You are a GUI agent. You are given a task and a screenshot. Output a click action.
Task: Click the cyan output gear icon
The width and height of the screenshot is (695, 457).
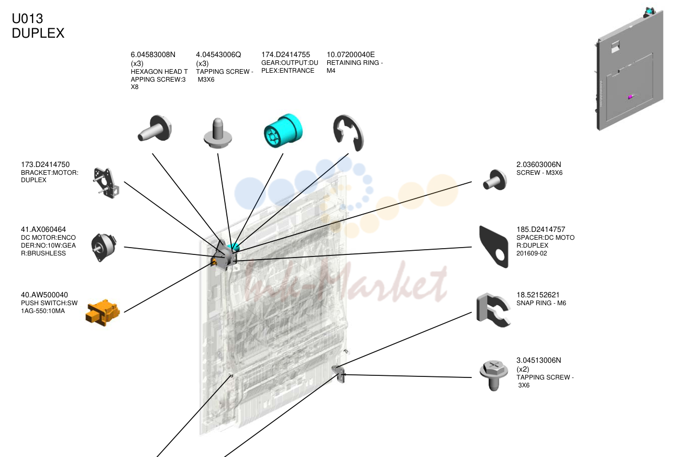click(x=283, y=130)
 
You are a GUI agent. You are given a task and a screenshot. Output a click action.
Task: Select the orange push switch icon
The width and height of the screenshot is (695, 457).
click(x=103, y=313)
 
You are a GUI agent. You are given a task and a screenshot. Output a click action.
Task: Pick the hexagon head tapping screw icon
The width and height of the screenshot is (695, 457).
click(x=155, y=128)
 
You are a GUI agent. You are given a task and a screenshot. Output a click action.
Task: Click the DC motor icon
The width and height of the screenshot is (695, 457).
click(x=104, y=247)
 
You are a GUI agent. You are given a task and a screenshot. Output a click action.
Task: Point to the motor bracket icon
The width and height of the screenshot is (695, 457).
click(x=106, y=183)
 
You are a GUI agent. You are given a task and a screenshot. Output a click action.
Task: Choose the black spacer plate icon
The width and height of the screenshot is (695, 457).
click(x=493, y=247)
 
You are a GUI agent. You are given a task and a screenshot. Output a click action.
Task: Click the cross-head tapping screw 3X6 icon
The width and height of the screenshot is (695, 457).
click(x=494, y=375)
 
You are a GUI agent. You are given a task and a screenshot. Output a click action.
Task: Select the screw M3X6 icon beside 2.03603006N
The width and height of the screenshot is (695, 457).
click(x=495, y=180)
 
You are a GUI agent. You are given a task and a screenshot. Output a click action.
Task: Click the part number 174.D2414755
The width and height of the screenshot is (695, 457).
click(x=285, y=54)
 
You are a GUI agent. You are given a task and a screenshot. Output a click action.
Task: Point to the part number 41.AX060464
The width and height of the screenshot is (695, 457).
click(x=43, y=229)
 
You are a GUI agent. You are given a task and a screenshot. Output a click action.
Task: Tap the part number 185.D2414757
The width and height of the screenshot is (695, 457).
click(x=541, y=229)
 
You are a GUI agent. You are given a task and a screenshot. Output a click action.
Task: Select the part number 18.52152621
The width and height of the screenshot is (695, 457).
click(x=538, y=295)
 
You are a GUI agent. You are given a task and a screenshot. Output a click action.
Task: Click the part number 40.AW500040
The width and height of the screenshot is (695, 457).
click(x=45, y=295)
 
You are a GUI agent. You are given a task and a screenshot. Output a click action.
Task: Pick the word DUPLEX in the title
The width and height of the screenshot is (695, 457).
click(x=38, y=33)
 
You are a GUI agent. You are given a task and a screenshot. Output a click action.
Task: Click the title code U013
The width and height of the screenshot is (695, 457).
click(x=27, y=19)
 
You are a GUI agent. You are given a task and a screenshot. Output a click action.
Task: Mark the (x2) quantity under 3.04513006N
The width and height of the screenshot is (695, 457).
click(x=523, y=369)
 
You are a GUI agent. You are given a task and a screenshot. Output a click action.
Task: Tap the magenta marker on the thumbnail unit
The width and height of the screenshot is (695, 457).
click(x=630, y=97)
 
